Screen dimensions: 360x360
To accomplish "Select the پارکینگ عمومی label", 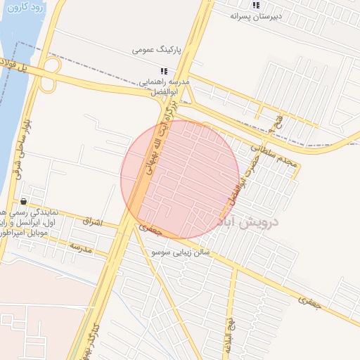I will point(158,51).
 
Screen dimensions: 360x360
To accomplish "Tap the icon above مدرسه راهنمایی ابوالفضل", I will point(164,71).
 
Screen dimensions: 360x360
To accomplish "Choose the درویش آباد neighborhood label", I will point(250,222).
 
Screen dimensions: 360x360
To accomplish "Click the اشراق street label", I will point(92,221).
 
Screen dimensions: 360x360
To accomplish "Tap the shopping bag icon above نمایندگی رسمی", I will point(24,201).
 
